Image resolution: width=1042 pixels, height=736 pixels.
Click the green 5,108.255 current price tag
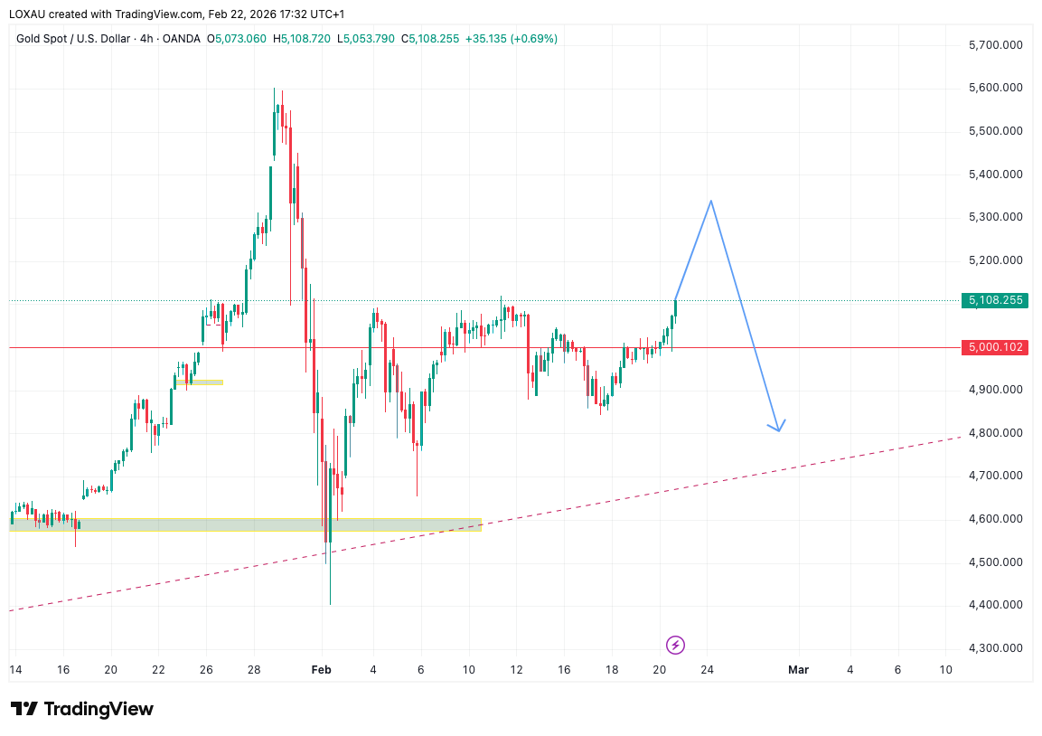pos(995,300)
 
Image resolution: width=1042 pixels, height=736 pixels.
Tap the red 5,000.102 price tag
pos(995,347)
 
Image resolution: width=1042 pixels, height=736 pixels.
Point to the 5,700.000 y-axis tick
pos(995,45)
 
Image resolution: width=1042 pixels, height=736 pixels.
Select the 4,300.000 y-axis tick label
pos(995,648)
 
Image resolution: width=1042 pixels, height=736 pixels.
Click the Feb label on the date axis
pos(321,670)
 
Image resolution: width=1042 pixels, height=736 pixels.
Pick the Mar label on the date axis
pos(798,670)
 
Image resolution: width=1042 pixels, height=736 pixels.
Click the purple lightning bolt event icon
pos(675,645)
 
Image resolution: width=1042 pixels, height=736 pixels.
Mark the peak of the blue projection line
pos(711,201)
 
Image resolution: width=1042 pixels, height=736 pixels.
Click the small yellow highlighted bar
pos(201,382)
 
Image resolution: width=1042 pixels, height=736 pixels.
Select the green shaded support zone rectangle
pos(244,524)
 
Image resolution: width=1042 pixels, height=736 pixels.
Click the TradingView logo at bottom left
pos(82,709)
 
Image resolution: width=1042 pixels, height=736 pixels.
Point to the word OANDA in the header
pos(181,39)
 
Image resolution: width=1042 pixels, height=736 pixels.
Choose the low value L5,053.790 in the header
pos(368,39)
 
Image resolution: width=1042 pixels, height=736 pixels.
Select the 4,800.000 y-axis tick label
pos(995,433)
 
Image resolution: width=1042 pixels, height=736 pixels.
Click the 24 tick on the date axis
pos(707,670)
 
